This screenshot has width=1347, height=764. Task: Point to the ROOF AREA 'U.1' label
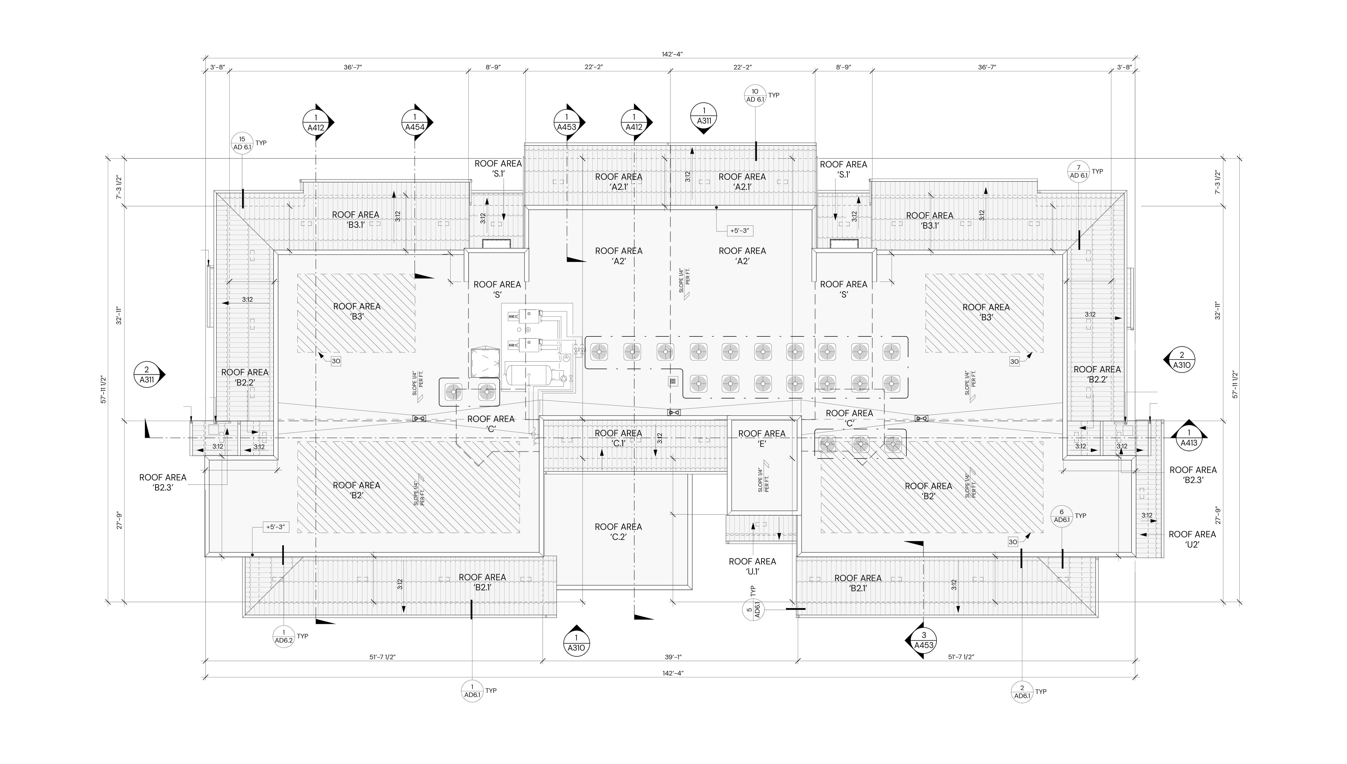coord(752,566)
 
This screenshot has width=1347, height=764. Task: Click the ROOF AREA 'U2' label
coord(1192,539)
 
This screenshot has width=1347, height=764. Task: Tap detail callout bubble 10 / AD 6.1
coord(755,96)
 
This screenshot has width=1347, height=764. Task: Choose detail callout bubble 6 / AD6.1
coord(1061,516)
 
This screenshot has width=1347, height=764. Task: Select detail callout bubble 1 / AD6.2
coord(284,636)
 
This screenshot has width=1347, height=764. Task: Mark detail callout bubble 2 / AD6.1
coord(1022,692)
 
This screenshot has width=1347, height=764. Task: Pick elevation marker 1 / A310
coord(576,643)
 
